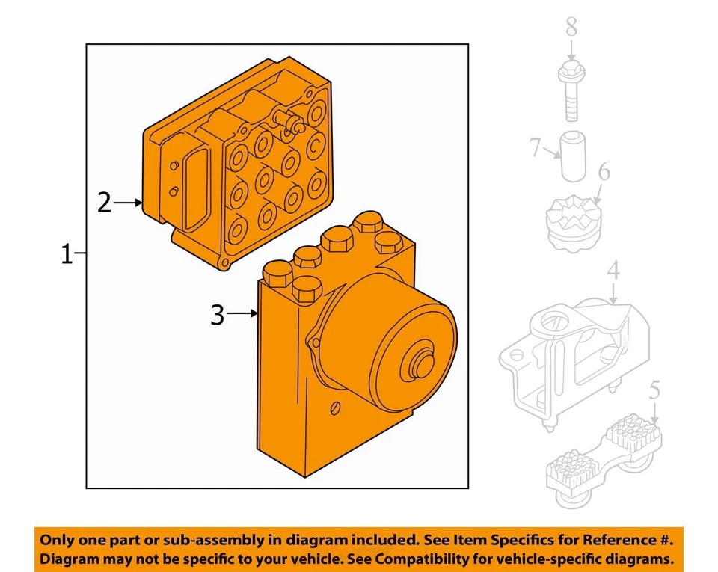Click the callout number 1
coord(67,254)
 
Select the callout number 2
coord(105,203)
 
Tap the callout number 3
coord(218,315)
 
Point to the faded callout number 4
coord(613,271)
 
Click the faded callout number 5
coord(655,390)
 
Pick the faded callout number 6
coord(604,172)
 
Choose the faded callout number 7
coord(535,147)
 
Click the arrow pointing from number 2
coord(128,203)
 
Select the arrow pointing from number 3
coord(242,313)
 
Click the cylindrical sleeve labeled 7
coord(574,157)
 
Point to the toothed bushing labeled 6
coord(572,223)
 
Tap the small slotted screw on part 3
coord(335,408)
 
